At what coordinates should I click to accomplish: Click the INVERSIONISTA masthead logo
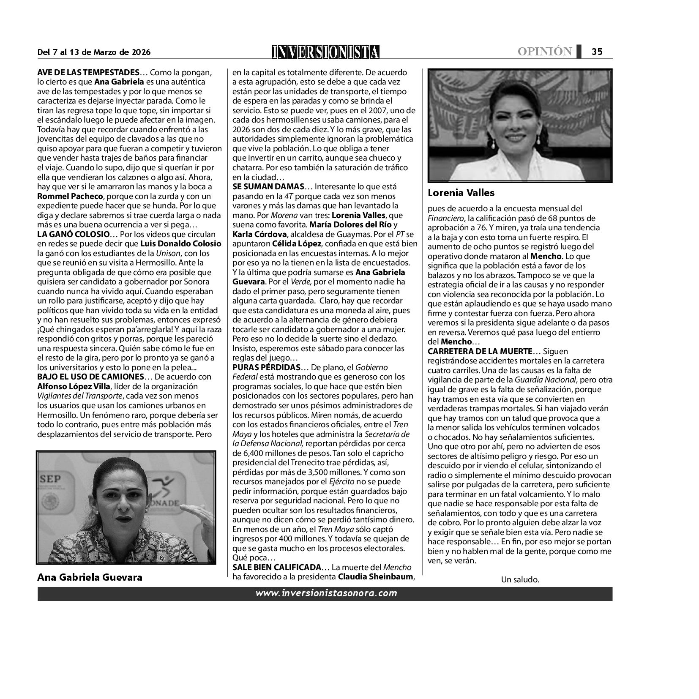tap(325, 52)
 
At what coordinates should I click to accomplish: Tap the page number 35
tap(597, 52)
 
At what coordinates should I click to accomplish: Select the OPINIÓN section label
tap(545, 52)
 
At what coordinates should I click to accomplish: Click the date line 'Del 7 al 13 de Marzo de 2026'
tap(94, 52)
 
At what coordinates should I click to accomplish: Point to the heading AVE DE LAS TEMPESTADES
tap(88, 72)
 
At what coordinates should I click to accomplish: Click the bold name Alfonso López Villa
tap(75, 386)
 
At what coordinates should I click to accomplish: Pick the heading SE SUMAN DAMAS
tap(268, 186)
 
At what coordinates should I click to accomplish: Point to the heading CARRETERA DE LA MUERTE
tap(480, 351)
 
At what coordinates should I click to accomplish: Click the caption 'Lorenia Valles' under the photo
tap(461, 193)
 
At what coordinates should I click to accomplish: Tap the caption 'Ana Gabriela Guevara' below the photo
tap(90, 577)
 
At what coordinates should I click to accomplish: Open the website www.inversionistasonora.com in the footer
tap(326, 593)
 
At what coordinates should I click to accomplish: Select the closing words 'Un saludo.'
tap(520, 579)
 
